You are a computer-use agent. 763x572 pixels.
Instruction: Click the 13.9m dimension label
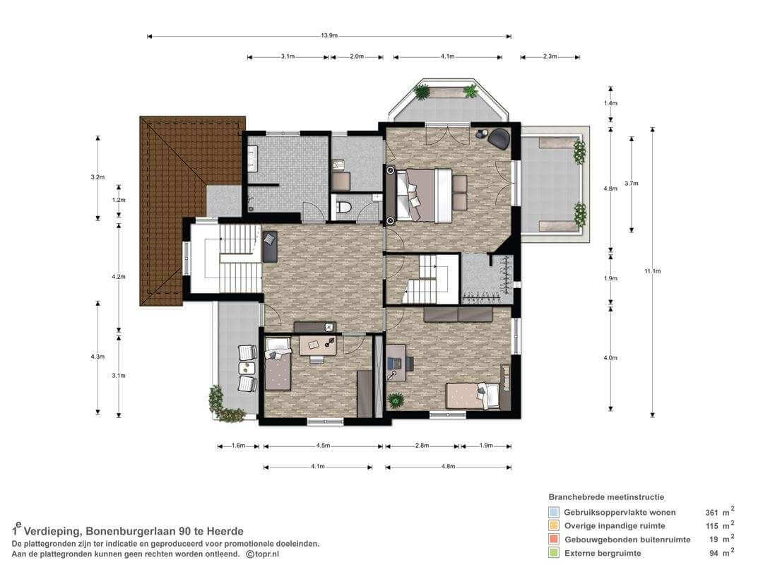pos(329,35)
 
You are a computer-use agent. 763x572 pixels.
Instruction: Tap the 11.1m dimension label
pos(653,271)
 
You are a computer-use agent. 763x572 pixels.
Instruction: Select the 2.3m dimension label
pos(550,56)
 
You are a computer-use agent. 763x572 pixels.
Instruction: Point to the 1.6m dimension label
pos(238,446)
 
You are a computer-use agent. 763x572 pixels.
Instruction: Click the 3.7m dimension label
pos(631,184)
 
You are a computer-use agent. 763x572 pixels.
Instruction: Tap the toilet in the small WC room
pos(344,207)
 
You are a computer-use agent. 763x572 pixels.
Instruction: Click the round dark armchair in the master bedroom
pos(499,138)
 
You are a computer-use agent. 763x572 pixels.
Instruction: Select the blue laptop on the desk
pos(394,363)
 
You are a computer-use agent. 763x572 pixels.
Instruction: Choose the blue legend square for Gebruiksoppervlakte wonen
pos(554,512)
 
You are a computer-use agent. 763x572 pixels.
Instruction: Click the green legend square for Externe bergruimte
pos(554,553)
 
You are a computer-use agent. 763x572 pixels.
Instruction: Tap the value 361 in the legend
pos(711,513)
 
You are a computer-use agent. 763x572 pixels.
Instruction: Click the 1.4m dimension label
pos(610,103)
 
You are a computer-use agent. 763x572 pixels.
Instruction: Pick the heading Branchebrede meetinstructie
pos(606,497)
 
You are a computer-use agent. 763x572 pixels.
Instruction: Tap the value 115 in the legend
pos(712,526)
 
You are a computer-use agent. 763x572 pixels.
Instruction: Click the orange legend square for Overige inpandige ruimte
pos(554,526)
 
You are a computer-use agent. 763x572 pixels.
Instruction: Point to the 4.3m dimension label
pos(97,357)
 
